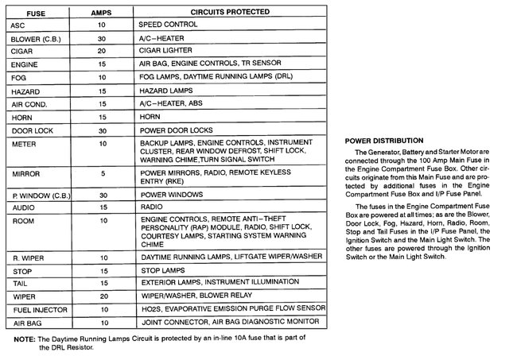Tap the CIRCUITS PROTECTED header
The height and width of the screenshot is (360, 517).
coord(219,14)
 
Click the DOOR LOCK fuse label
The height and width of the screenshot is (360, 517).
coord(30,130)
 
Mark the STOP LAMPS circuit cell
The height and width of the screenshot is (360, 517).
coord(164,269)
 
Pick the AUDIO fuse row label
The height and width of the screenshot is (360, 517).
coord(24,206)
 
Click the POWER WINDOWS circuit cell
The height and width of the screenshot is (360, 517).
coord(171,193)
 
